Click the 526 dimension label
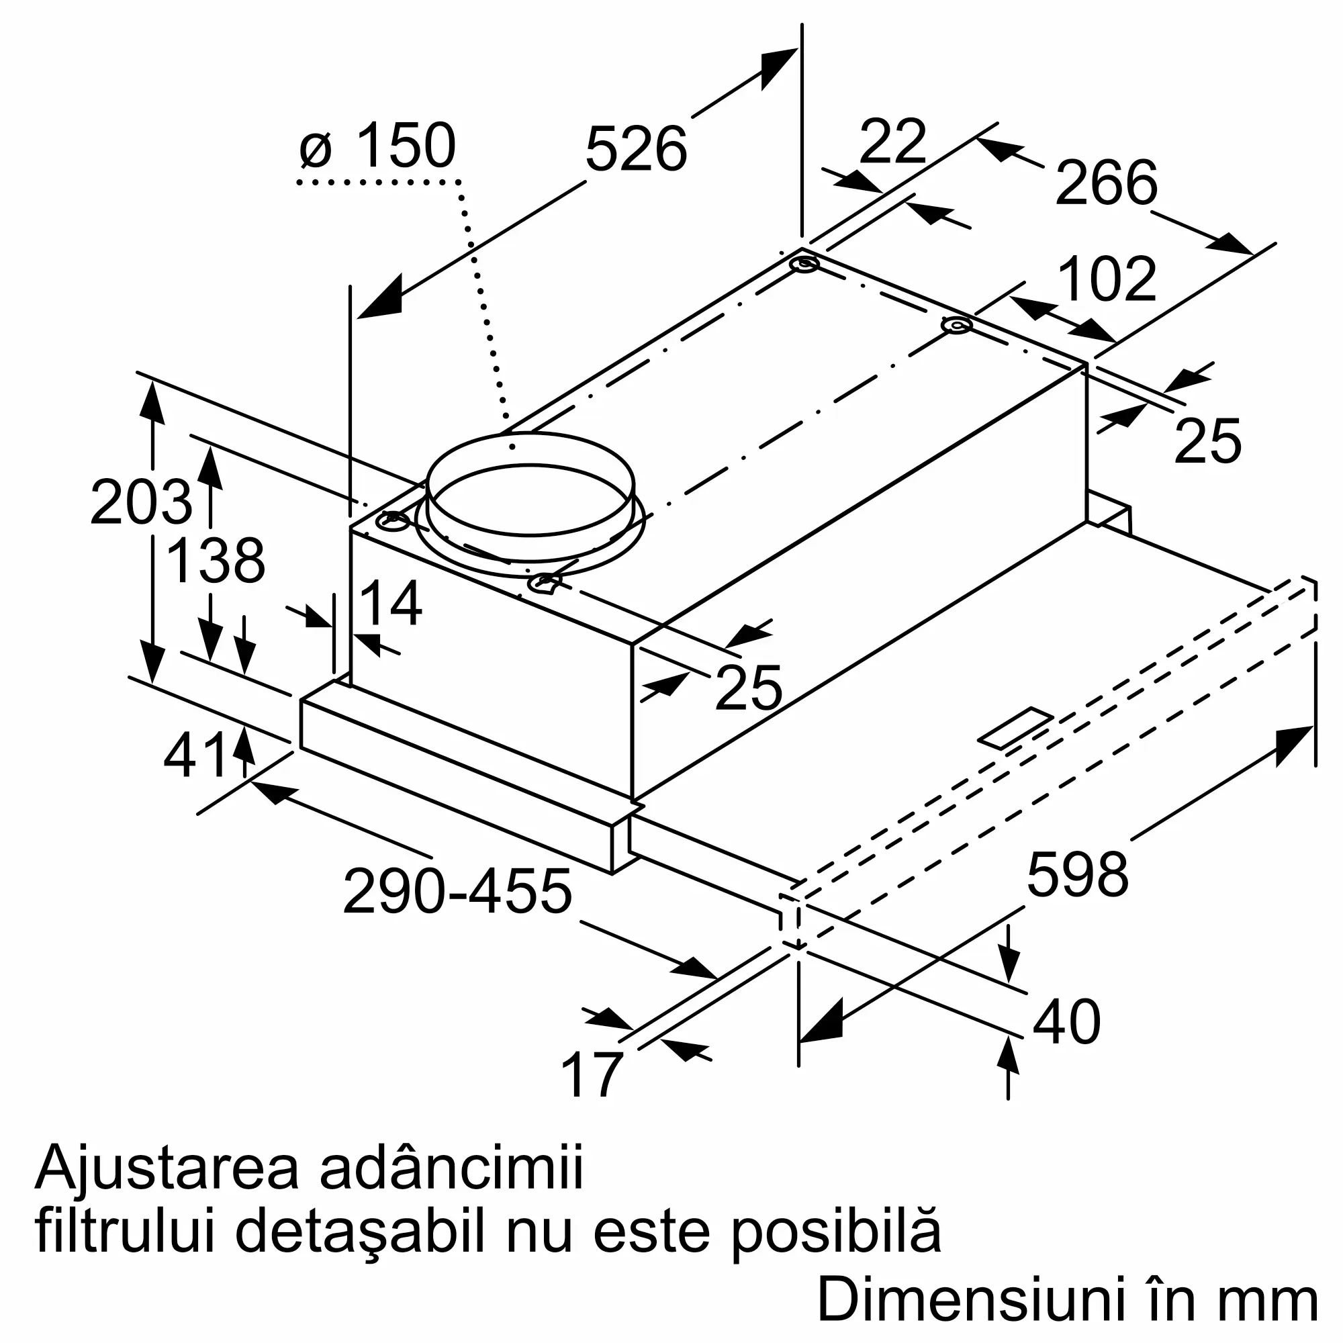[635, 149]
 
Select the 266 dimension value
[1106, 183]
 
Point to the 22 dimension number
[892, 142]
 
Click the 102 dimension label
[1107, 279]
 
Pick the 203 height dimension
[140, 502]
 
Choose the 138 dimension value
[216, 560]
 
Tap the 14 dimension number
[391, 604]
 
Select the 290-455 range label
[457, 892]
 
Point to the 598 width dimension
[1078, 874]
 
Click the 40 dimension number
[1066, 1022]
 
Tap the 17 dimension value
[591, 1074]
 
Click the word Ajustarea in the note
[167, 1169]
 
